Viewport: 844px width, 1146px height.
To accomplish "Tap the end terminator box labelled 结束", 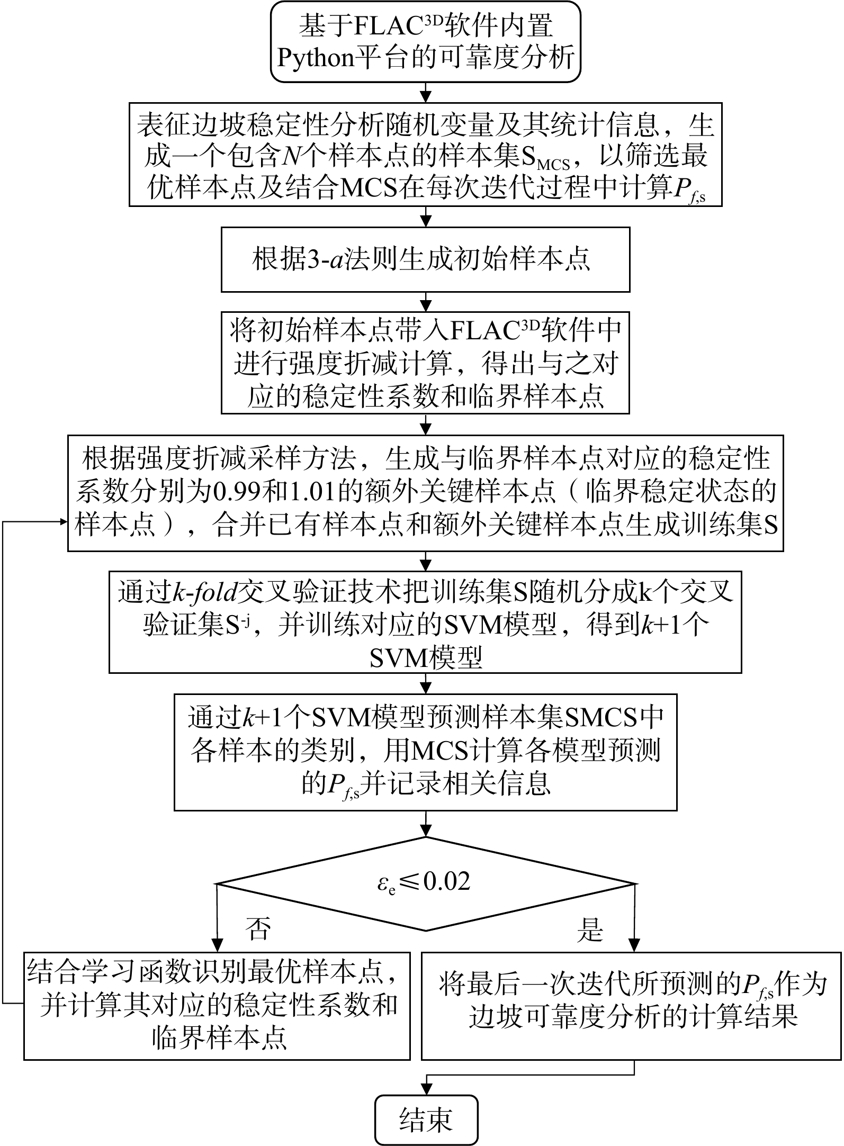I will (426, 1118).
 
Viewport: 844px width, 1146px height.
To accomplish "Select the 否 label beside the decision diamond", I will (258, 928).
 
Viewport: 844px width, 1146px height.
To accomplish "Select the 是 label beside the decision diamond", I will (590, 928).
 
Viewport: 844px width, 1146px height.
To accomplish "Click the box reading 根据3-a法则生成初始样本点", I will (425, 259).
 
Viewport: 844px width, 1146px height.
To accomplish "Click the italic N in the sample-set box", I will (289, 156).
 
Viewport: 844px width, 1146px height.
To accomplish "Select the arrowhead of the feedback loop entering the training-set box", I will (63, 522).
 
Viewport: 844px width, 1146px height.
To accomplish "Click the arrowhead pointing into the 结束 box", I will (426, 1089).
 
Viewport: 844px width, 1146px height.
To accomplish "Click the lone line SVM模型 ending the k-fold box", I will (425, 657).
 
